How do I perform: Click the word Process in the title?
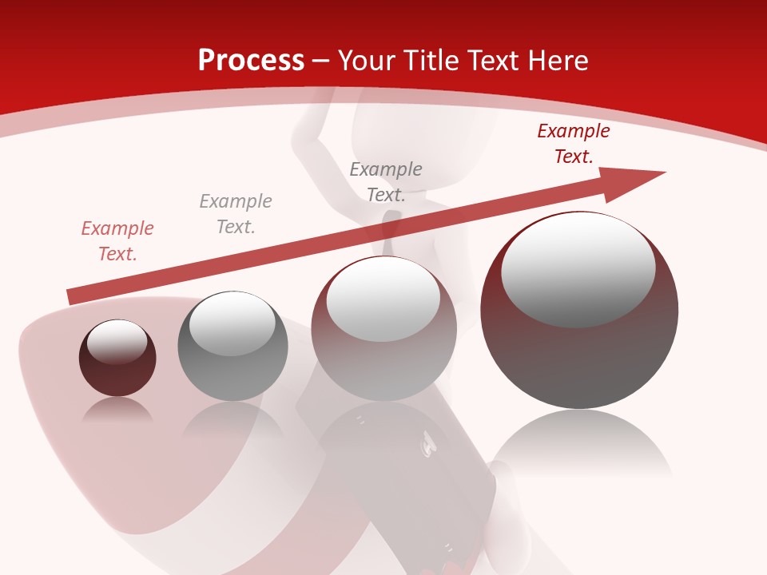(251, 61)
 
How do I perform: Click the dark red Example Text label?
(574, 144)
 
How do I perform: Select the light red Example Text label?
(117, 241)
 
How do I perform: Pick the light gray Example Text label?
(236, 214)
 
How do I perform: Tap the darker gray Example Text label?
(386, 182)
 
